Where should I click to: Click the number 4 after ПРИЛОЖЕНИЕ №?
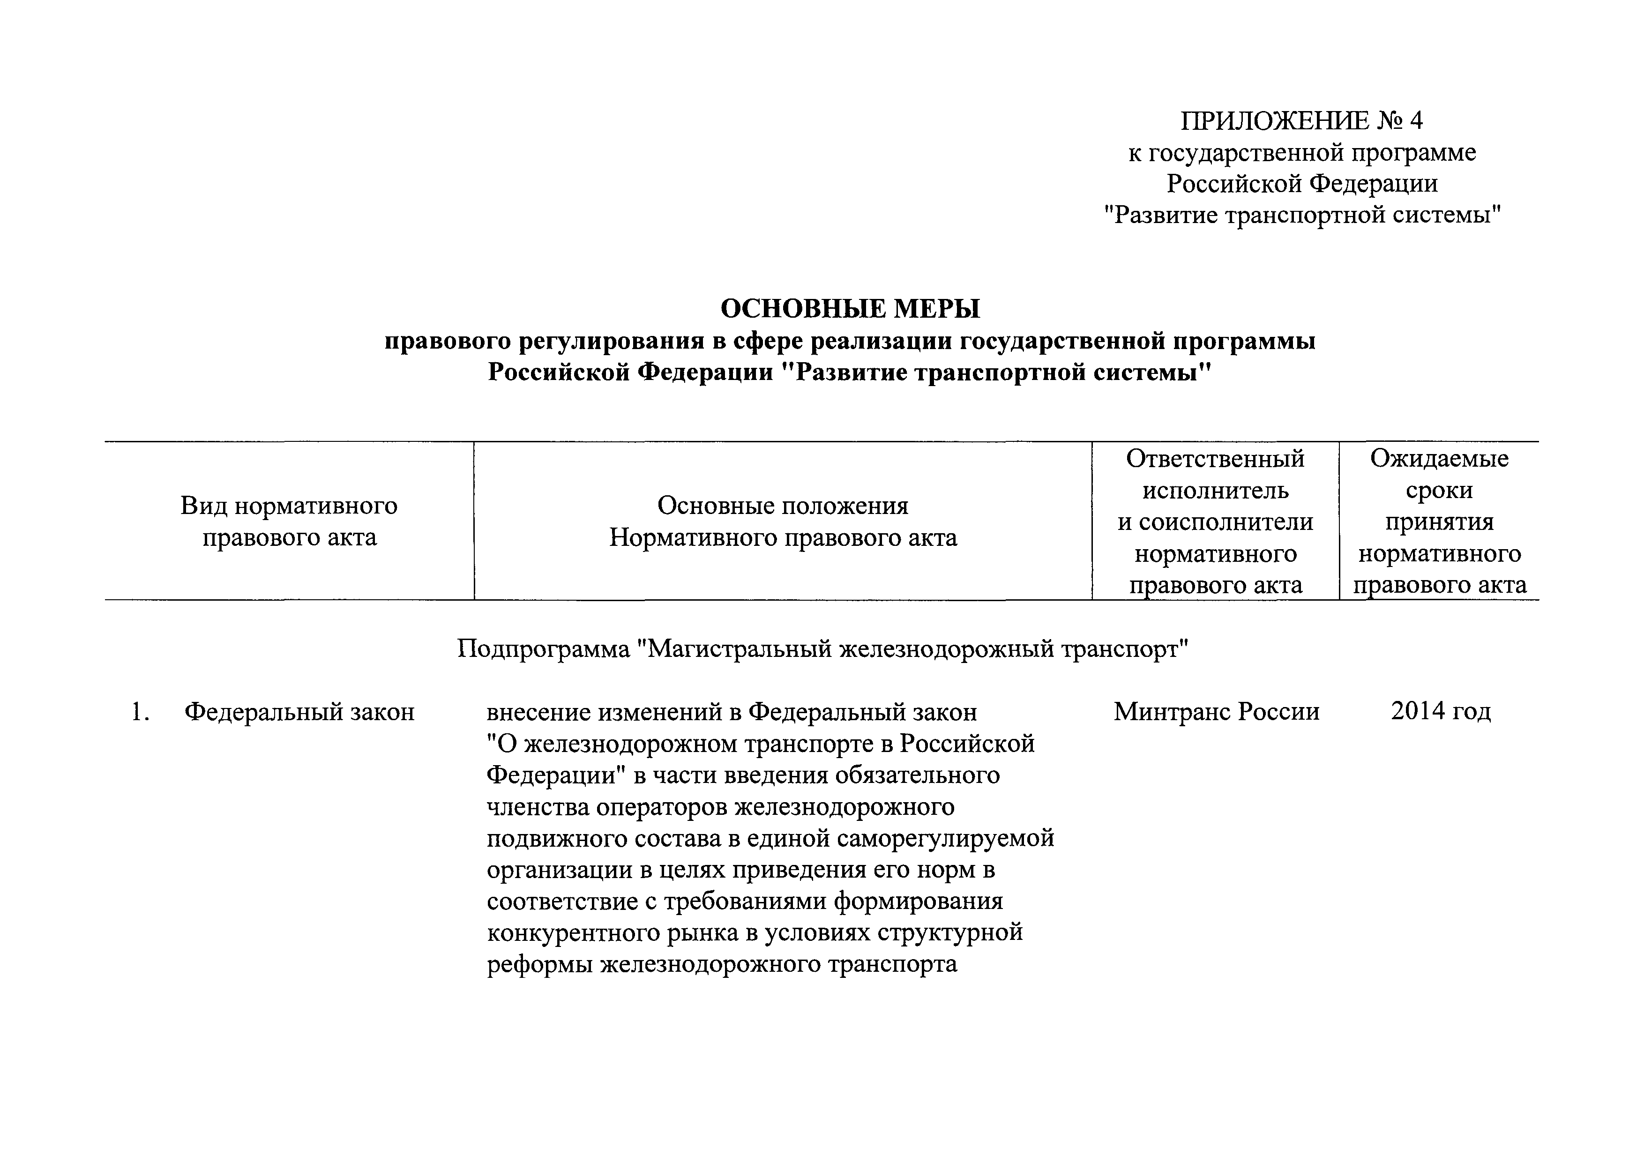tap(1415, 120)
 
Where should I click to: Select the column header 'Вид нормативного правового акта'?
tap(289, 521)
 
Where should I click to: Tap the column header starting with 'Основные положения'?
tap(783, 521)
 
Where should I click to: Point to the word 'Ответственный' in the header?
tap(1215, 458)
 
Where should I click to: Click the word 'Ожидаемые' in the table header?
tap(1439, 458)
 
